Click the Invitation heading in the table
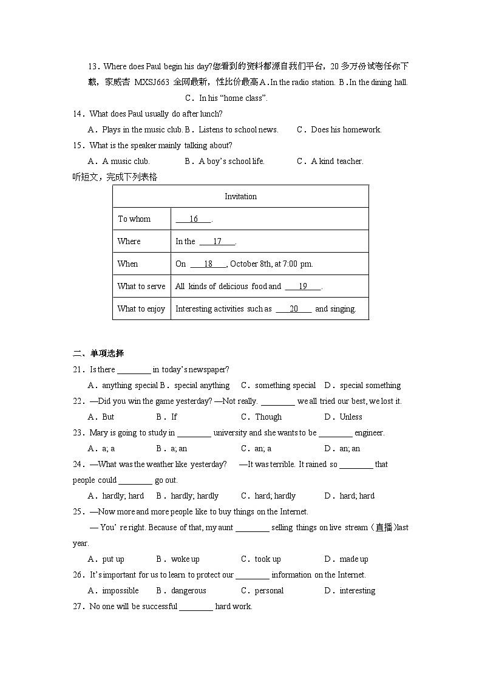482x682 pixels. pyautogui.click(x=240, y=197)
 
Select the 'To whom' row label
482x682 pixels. pyautogui.click(x=134, y=219)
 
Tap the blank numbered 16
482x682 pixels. pyautogui.click(x=193, y=219)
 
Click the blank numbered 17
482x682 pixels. pyautogui.click(x=217, y=242)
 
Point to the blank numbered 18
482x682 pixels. pyautogui.click(x=208, y=264)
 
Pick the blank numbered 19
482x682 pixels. pyautogui.click(x=302, y=287)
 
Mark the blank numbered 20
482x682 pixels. pyautogui.click(x=293, y=309)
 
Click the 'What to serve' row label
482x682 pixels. pyautogui.click(x=141, y=287)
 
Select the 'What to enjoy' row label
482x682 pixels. pyautogui.click(x=141, y=309)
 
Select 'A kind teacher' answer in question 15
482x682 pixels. pyautogui.click(x=336, y=162)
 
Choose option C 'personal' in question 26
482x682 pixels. pyautogui.click(x=269, y=591)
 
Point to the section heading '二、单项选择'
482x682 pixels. pyautogui.click(x=98, y=353)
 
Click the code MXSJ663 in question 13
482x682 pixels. pyautogui.click(x=152, y=83)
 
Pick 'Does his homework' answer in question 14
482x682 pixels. pyautogui.click(x=345, y=130)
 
